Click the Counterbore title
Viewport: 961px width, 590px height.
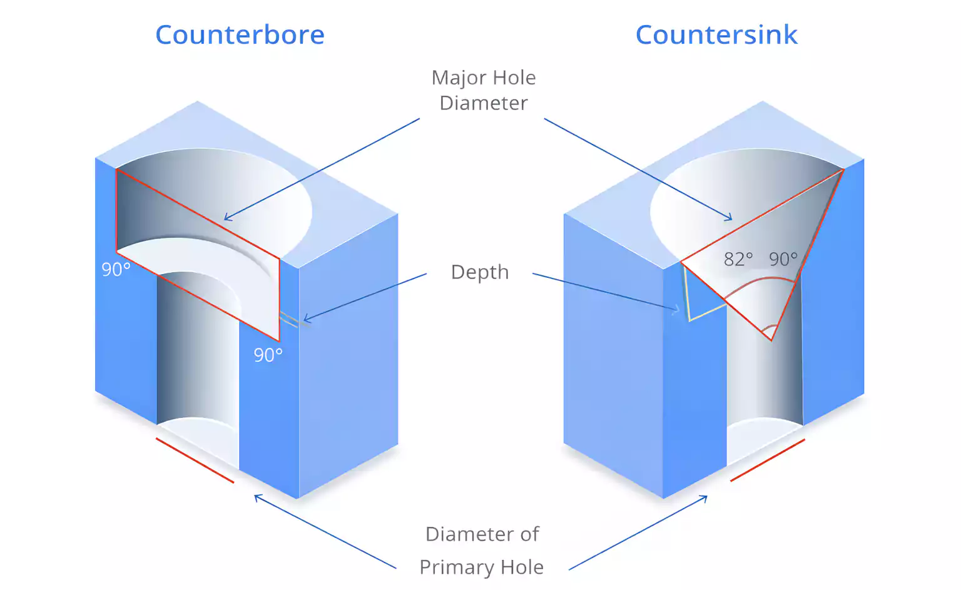(240, 34)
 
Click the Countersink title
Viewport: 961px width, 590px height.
(716, 34)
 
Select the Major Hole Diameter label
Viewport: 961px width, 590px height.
(483, 90)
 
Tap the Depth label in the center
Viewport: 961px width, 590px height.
(480, 272)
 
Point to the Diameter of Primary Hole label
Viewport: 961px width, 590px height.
(482, 551)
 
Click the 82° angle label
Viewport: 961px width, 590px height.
(738, 259)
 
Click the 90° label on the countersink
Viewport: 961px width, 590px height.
(783, 259)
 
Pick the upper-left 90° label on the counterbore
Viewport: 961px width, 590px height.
(116, 270)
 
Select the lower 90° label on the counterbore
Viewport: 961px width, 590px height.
(268, 355)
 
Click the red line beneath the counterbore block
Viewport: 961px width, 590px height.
(195, 460)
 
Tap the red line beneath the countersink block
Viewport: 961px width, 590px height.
(768, 460)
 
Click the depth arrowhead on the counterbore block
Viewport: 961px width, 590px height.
(305, 320)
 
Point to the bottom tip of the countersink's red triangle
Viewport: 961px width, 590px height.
(771, 340)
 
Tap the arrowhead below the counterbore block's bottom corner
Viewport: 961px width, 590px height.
(256, 497)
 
